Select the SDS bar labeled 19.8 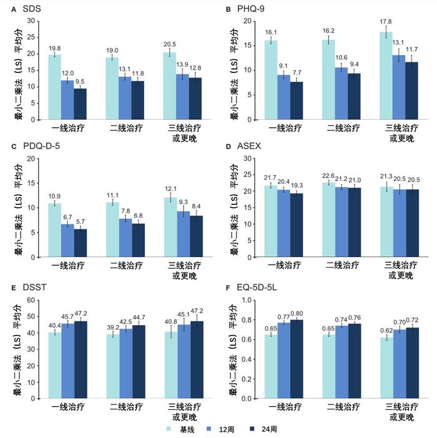tap(54, 87)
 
